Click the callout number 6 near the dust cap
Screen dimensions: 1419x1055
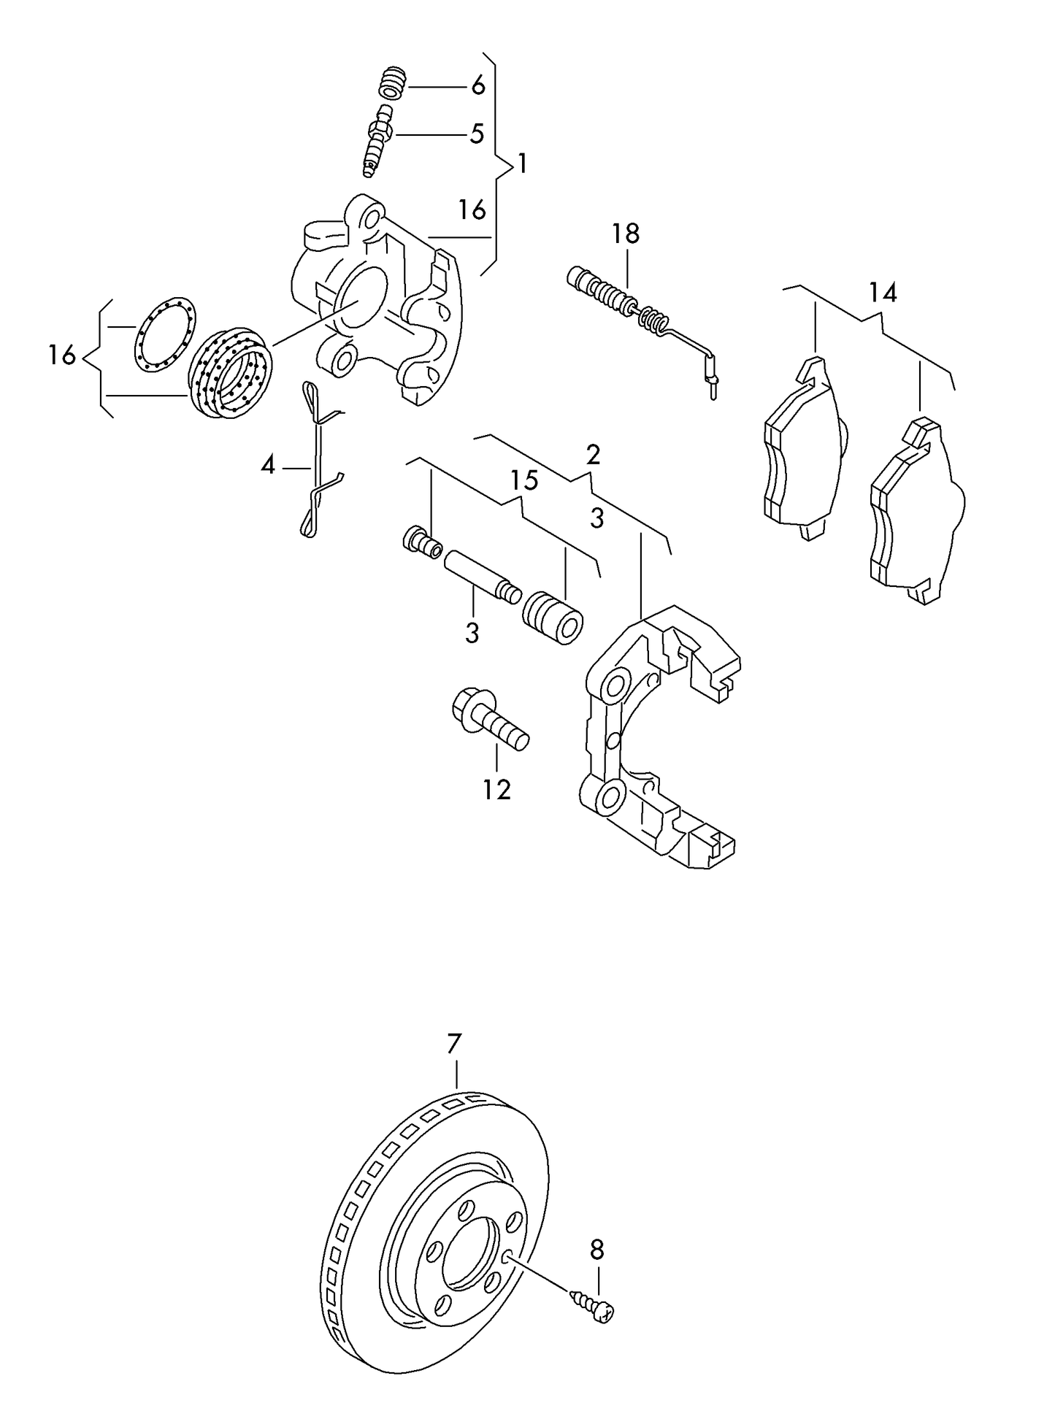[x=477, y=85]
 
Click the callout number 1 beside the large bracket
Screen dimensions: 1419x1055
[x=521, y=164]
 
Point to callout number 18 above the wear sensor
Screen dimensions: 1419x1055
[x=626, y=234]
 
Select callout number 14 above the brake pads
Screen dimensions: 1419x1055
[x=882, y=293]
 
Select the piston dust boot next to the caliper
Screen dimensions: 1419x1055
[x=231, y=374]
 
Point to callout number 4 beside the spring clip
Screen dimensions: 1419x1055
[x=268, y=465]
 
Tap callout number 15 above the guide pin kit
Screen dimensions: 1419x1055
[x=523, y=480]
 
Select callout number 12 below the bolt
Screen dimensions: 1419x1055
[x=496, y=789]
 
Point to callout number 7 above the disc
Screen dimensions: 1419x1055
[x=455, y=1044]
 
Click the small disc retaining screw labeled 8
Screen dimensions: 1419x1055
[x=595, y=1309]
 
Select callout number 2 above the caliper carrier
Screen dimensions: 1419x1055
[x=593, y=455]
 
